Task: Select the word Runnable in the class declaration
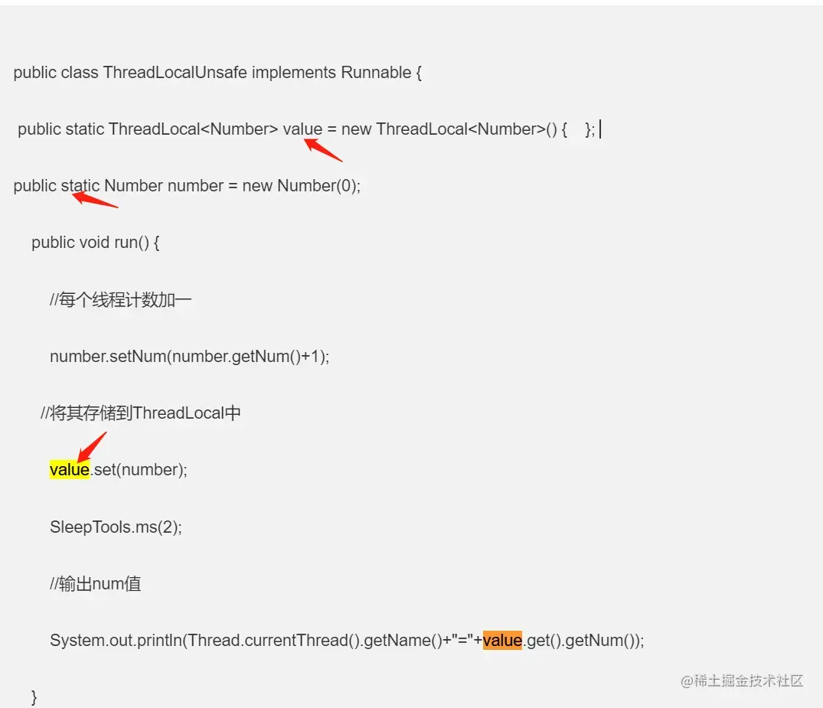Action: [376, 73]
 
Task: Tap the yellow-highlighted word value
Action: [70, 469]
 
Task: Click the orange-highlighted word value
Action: [502, 640]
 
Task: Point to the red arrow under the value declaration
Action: [323, 149]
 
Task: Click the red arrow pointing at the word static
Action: [95, 201]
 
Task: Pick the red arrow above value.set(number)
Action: [92, 448]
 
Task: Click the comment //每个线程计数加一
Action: [120, 300]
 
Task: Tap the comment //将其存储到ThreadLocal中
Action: [141, 413]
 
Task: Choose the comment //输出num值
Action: [95, 584]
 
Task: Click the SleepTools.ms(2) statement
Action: [116, 527]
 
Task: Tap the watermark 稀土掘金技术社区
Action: [742, 680]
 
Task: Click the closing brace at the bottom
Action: [34, 696]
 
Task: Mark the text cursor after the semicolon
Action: [600, 130]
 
